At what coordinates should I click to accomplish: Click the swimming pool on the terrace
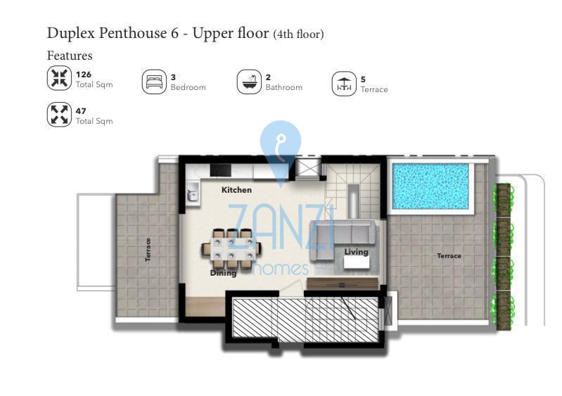(430, 186)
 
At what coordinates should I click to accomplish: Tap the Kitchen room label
(236, 190)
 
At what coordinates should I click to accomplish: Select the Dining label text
(223, 273)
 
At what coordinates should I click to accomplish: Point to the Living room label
(356, 252)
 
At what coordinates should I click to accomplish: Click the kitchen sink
(193, 193)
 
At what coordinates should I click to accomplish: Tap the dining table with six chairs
(231, 249)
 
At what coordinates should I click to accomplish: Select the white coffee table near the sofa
(357, 262)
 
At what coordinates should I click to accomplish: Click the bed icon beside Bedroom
(154, 82)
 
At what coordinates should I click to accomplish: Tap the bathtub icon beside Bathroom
(249, 82)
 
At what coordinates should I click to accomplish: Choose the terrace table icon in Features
(344, 84)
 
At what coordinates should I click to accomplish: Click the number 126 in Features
(84, 75)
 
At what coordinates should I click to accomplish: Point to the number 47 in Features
(81, 111)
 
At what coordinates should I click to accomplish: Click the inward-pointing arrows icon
(59, 79)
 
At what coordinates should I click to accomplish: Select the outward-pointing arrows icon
(59, 115)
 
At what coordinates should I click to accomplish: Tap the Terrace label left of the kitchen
(148, 250)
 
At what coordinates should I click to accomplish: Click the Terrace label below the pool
(449, 256)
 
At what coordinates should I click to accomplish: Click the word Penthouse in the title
(133, 33)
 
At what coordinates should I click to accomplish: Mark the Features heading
(70, 56)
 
